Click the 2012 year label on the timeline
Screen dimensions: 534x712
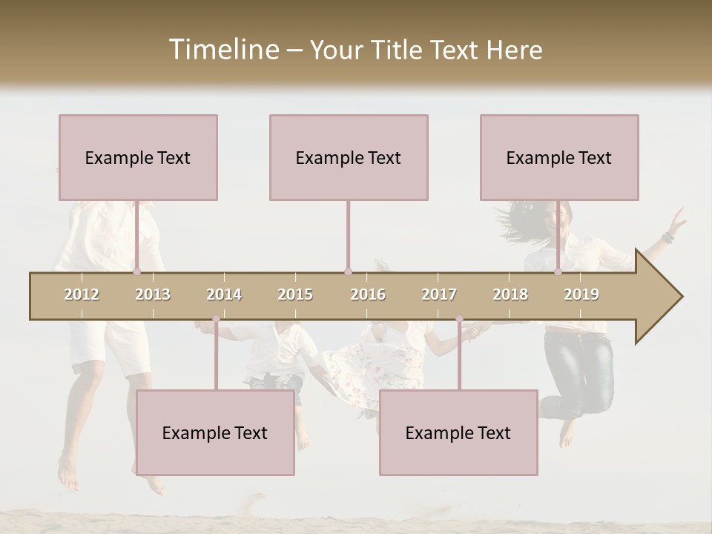click(82, 294)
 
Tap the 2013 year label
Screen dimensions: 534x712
click(153, 294)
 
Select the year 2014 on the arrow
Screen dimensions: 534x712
click(224, 294)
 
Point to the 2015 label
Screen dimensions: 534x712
click(295, 294)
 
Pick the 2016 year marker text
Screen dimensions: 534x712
click(368, 294)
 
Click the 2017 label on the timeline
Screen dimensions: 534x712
click(439, 294)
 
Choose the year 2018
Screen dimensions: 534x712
click(510, 294)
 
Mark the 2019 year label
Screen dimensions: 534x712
click(581, 294)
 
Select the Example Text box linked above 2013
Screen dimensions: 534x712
click(138, 157)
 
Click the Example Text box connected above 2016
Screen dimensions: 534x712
click(349, 157)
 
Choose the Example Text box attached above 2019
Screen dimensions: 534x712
click(559, 157)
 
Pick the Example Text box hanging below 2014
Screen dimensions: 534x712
click(215, 432)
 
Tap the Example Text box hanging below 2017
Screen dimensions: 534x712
click(458, 432)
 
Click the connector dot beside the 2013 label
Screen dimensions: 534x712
click(137, 271)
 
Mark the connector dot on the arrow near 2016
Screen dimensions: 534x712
click(348, 271)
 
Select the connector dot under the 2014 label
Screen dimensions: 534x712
click(216, 320)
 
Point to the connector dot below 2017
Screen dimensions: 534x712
click(459, 320)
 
